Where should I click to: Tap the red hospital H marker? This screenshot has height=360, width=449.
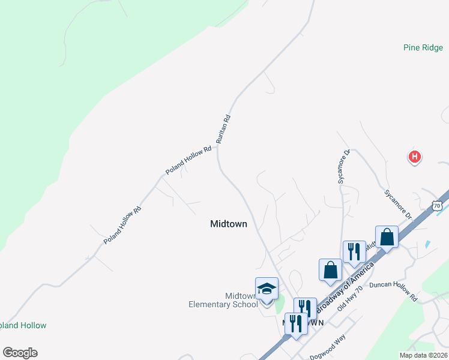click(414, 158)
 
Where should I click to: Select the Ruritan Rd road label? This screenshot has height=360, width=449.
click(224, 128)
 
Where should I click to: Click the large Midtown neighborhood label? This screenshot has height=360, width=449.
click(229, 224)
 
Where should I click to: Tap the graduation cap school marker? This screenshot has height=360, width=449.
click(267, 289)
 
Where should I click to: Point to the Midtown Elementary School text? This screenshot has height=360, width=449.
click(223, 300)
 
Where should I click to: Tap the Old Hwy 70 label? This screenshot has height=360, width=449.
click(350, 298)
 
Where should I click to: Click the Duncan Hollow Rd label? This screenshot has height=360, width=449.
click(393, 290)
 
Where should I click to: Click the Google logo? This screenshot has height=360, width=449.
click(20, 353)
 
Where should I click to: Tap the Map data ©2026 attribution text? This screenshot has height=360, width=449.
click(424, 355)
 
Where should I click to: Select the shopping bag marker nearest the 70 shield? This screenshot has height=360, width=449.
click(387, 236)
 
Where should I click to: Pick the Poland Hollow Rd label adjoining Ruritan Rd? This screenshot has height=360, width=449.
click(188, 160)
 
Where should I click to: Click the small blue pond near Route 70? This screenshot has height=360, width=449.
click(427, 244)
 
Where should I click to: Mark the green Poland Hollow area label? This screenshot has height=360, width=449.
click(23, 325)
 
